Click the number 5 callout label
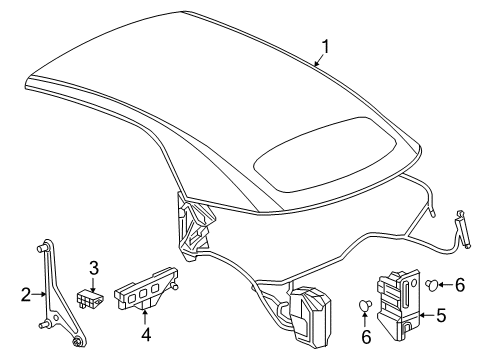pos(442,318)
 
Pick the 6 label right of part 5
pos(460,285)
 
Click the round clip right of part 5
pos(431,285)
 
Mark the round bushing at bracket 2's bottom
pos(79,343)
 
